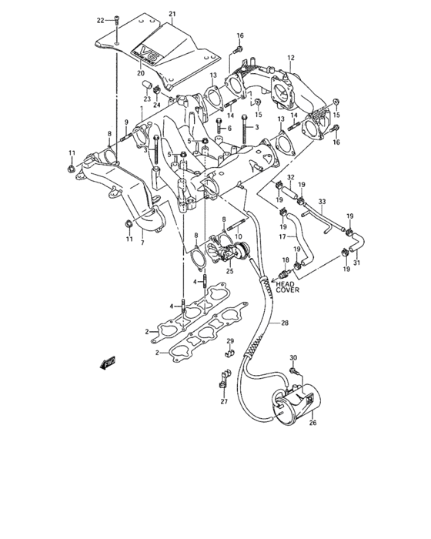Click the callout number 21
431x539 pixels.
pyautogui.click(x=172, y=14)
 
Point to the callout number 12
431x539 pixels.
pyautogui.click(x=291, y=58)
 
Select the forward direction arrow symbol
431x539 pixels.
pyautogui.click(x=107, y=364)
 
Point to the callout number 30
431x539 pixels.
pyautogui.click(x=292, y=358)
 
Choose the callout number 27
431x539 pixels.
pyautogui.click(x=224, y=401)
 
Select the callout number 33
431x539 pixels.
pyautogui.click(x=322, y=202)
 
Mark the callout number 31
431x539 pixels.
pyautogui.click(x=356, y=261)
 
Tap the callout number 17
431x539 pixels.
pyautogui.click(x=282, y=238)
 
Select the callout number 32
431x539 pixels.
pyautogui.click(x=290, y=179)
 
